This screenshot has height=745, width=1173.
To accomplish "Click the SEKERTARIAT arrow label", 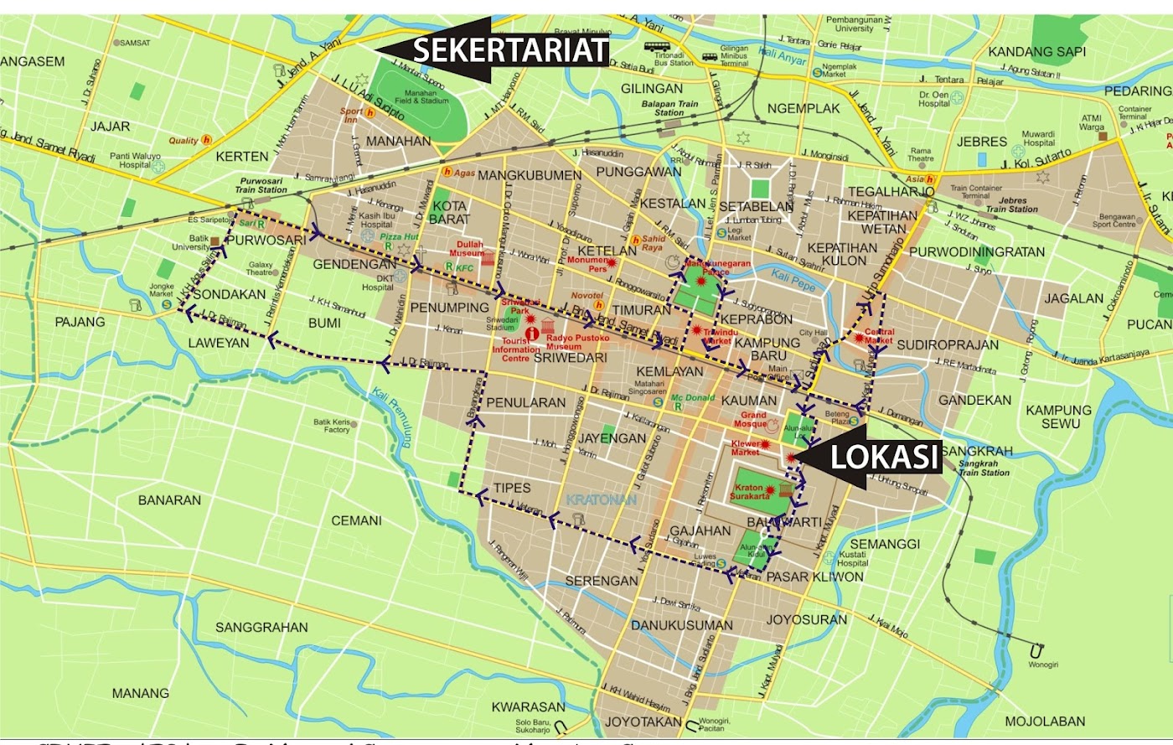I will click(x=509, y=51).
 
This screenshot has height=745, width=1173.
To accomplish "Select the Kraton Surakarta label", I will click(x=749, y=492).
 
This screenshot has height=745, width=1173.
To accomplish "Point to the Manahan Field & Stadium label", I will click(x=421, y=97).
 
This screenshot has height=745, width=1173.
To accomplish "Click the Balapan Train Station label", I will click(x=669, y=108).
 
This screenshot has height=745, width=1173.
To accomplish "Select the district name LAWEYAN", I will click(x=219, y=343).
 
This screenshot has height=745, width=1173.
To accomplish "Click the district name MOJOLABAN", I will click(x=1045, y=721).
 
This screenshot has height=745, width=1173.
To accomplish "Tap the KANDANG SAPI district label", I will click(x=1036, y=52).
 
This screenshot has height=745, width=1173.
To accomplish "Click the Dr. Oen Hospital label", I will click(x=933, y=99).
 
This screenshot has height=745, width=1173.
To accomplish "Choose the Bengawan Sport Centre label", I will click(x=1114, y=220).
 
